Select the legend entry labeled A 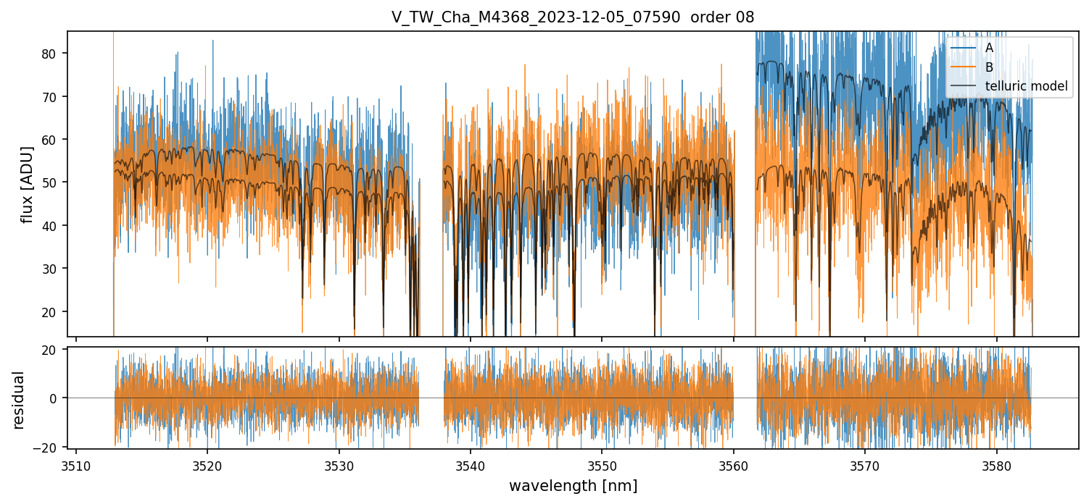coord(989,48)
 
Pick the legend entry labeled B coord(989,67)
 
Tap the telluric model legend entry coord(1026,87)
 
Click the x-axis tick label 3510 coord(76,466)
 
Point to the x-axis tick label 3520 coord(207,466)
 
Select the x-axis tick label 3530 coord(339,466)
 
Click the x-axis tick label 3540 coord(471,466)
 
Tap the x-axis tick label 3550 coord(602,466)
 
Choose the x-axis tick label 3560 coord(734,466)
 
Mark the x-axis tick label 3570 coord(865,466)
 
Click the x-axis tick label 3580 coord(996,466)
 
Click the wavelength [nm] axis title coord(573,486)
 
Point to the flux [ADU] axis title coord(27,184)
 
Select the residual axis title coord(19,400)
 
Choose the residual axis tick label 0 coord(57,398)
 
